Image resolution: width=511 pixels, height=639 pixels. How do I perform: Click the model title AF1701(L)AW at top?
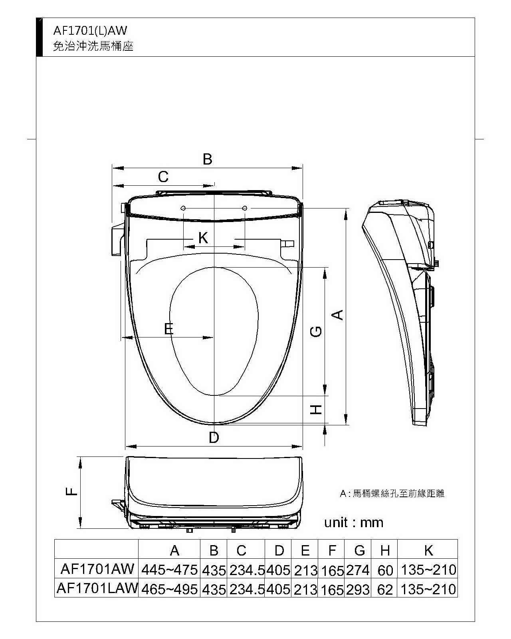tap(90, 31)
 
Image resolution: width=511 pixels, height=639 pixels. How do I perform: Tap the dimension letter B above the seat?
tap(207, 159)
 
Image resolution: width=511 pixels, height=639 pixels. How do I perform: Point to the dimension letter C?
tap(163, 177)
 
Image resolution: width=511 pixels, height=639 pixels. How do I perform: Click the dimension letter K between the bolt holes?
tap(203, 238)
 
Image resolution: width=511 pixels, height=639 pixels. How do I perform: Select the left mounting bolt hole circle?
tap(183, 208)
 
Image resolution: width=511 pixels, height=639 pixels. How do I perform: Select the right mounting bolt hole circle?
tap(245, 208)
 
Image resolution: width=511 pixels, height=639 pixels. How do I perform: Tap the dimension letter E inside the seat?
tap(168, 329)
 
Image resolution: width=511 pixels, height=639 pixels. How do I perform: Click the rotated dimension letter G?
tap(316, 331)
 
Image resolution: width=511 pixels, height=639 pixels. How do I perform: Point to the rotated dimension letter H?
tap(316, 410)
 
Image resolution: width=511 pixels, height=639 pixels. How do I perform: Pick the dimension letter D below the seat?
tap(214, 437)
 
